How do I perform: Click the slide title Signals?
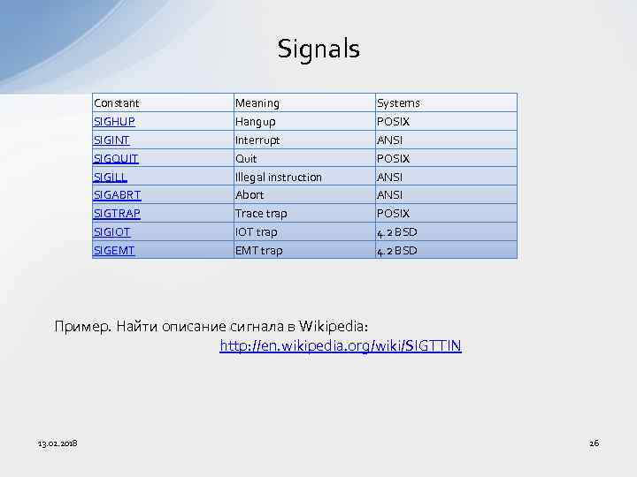tap(318, 49)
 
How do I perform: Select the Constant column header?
tap(117, 103)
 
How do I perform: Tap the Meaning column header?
tap(257, 103)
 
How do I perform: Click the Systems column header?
tap(398, 103)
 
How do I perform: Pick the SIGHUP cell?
tap(114, 122)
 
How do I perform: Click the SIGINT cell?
tap(113, 140)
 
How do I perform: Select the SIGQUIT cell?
tap(116, 159)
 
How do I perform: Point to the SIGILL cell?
tap(111, 178)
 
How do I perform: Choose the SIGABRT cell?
tap(117, 195)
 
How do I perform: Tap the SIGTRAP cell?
tap(117, 214)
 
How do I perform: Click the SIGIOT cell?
tap(112, 232)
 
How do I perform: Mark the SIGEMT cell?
tap(114, 251)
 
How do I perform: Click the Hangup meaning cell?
tap(255, 122)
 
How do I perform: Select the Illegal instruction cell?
tap(278, 178)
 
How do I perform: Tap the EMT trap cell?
tap(258, 251)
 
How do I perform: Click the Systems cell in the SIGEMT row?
tap(396, 251)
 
